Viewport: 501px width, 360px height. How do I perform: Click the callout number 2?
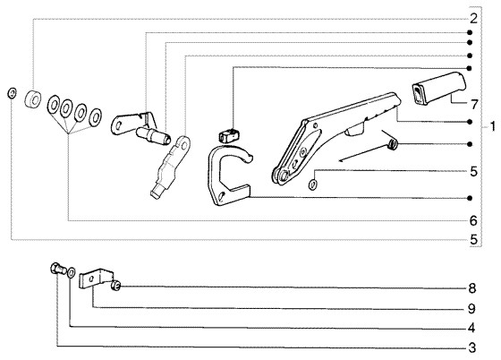click(473, 19)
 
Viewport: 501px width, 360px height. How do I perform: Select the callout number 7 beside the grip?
click(474, 104)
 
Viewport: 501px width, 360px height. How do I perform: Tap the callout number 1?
click(493, 126)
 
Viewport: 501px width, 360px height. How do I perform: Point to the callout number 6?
click(473, 220)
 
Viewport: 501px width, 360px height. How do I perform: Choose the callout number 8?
click(472, 288)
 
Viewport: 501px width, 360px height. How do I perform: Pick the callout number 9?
click(472, 309)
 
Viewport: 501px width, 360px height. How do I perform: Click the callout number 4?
click(471, 328)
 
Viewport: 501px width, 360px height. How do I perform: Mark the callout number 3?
click(472, 347)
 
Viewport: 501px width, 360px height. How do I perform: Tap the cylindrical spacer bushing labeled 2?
click(32, 99)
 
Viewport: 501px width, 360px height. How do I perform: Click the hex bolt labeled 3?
click(58, 269)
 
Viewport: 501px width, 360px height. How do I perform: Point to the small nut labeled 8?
click(115, 285)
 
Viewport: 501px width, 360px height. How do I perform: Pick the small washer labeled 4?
click(72, 273)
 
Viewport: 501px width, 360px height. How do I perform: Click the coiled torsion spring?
click(393, 145)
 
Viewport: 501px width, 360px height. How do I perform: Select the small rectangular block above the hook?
click(228, 135)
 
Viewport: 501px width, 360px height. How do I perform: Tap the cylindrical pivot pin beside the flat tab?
click(153, 135)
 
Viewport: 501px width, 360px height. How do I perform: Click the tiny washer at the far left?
click(12, 93)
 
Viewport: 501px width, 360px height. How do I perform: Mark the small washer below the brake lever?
click(313, 184)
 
